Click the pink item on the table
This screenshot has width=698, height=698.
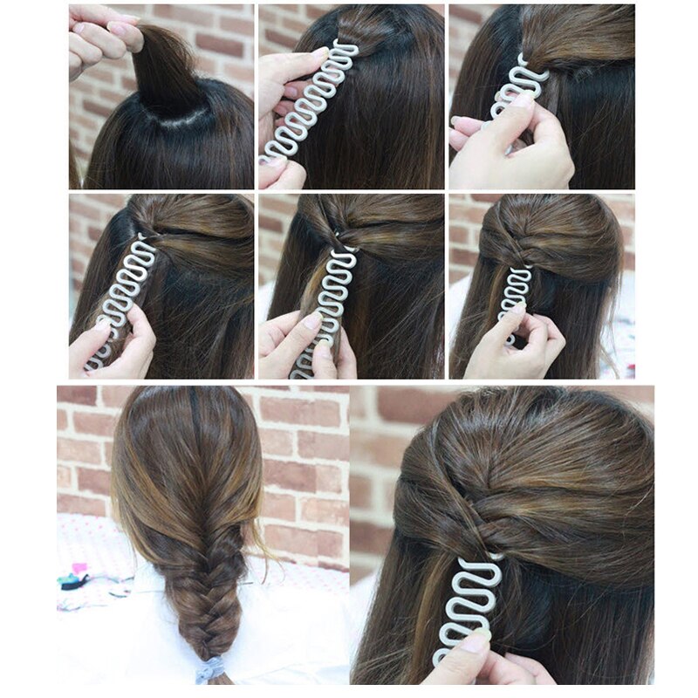tap(80, 568)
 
